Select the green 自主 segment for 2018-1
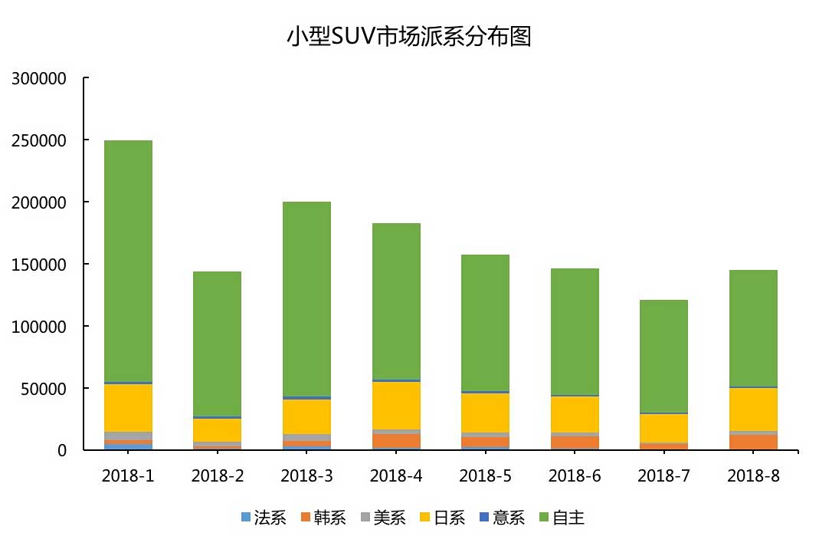point(128,261)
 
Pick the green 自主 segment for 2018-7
point(663,356)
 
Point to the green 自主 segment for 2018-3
point(306,298)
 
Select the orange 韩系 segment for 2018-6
point(575,442)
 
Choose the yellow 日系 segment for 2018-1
point(128,407)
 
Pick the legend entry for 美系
point(382,518)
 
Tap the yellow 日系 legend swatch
point(426,518)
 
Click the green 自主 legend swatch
point(545,518)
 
